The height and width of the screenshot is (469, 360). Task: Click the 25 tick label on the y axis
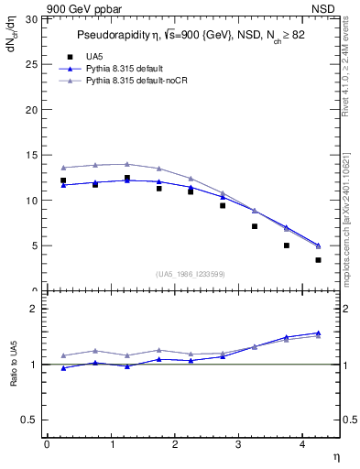[x=31, y=64]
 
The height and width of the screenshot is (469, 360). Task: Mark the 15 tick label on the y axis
[x=31, y=155]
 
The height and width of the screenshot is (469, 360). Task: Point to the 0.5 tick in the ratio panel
[x=28, y=420]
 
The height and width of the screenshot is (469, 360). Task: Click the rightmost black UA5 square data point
[x=318, y=260]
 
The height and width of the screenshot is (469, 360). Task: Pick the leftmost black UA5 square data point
[x=63, y=180]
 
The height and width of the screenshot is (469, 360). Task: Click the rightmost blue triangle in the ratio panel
[x=318, y=333]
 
